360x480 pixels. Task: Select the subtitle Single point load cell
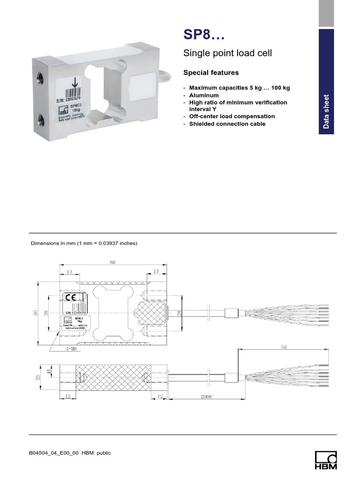[x=227, y=53]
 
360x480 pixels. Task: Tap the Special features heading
[x=211, y=73]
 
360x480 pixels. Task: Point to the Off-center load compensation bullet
[x=232, y=116]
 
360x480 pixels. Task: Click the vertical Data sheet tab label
[x=326, y=112]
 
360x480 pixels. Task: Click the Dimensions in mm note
[x=84, y=243]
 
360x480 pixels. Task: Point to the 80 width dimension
[x=112, y=262]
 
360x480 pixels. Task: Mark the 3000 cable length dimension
[x=206, y=397]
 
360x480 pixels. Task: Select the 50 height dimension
[x=35, y=313]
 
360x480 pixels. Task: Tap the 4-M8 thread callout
[x=72, y=349]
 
